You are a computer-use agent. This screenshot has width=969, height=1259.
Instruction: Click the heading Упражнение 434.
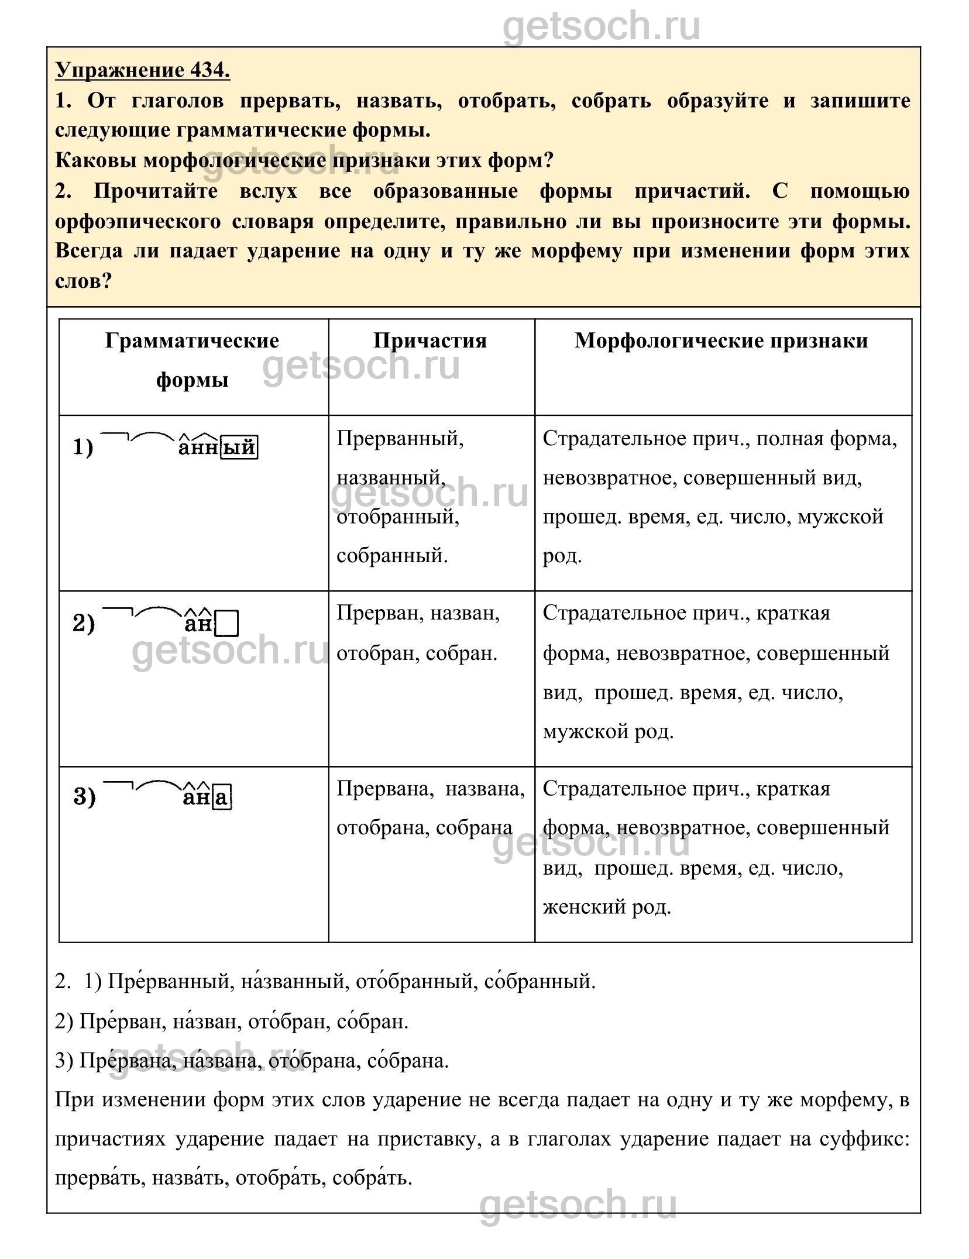click(x=143, y=70)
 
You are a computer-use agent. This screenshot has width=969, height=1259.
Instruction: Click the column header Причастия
click(x=430, y=340)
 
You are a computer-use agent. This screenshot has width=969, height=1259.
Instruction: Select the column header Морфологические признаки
click(x=721, y=340)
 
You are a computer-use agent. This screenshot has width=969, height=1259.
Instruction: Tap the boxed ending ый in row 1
click(x=239, y=448)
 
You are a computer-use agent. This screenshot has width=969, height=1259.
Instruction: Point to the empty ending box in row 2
click(x=228, y=624)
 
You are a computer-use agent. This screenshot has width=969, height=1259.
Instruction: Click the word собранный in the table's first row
click(x=392, y=555)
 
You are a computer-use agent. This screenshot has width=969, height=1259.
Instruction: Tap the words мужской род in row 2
click(x=608, y=731)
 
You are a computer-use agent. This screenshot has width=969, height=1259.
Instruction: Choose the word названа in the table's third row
click(x=485, y=789)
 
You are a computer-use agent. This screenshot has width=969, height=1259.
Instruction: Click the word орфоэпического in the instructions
click(x=138, y=222)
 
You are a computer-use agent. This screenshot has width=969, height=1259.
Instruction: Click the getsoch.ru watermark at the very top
click(x=602, y=26)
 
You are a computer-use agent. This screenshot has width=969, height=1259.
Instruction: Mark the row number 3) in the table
click(x=84, y=797)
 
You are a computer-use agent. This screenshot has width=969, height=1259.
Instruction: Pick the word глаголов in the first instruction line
click(x=178, y=101)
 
